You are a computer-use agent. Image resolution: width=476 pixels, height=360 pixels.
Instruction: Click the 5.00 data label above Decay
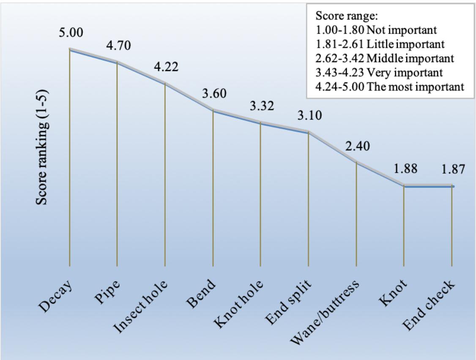(71, 33)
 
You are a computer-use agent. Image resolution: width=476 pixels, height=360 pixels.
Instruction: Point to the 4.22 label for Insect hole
(166, 67)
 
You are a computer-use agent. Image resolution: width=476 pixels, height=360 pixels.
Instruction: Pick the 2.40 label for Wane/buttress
(358, 146)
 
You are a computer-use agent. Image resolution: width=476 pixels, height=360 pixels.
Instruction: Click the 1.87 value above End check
(453, 169)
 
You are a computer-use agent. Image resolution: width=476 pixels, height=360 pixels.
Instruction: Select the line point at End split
(309, 132)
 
